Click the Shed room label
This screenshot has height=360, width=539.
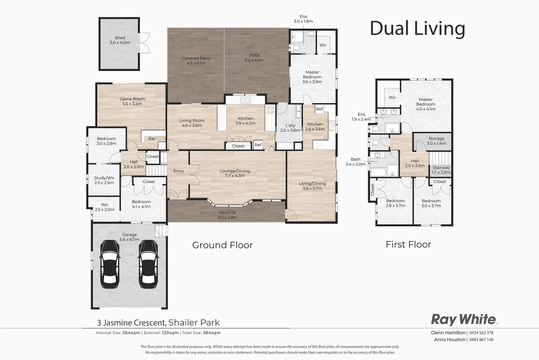pyautogui.click(x=120, y=38)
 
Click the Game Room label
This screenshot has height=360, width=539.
pyautogui.click(x=132, y=99)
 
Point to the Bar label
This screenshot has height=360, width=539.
pyautogui.click(x=152, y=139)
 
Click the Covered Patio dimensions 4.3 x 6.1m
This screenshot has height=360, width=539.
pyautogui.click(x=196, y=63)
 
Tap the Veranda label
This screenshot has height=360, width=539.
pyautogui.click(x=228, y=212)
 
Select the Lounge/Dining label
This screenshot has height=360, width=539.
pyautogui.click(x=235, y=171)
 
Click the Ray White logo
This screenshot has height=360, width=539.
pyautogui.click(x=464, y=319)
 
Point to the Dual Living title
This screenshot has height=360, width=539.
pyautogui.click(x=417, y=28)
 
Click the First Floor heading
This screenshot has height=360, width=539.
pyautogui.click(x=408, y=244)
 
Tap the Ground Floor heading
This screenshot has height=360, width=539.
pyautogui.click(x=223, y=245)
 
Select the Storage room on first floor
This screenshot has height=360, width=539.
pyautogui.click(x=436, y=141)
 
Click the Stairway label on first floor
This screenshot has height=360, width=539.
pyautogui.click(x=441, y=168)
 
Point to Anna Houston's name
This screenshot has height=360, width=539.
pyautogui.click(x=449, y=339)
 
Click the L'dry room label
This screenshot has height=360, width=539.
pyautogui.click(x=290, y=126)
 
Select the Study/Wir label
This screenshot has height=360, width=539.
pyautogui.click(x=104, y=178)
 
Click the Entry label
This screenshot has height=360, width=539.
pyautogui.click(x=179, y=171)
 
